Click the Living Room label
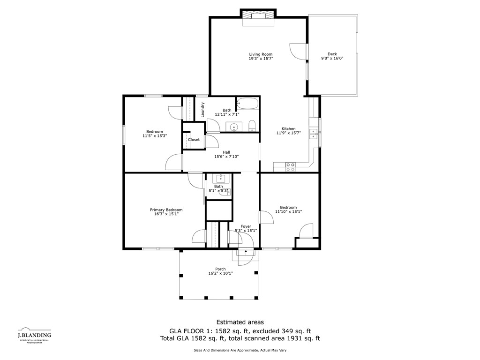[x=261, y=54]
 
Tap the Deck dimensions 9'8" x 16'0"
[x=332, y=58]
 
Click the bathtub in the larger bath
[x=247, y=104]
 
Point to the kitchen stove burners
[x=291, y=167]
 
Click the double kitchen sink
[x=313, y=134]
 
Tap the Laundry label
[x=202, y=110]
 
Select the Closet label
[x=194, y=140]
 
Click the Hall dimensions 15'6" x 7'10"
[x=226, y=157]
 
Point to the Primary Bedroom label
[x=166, y=210]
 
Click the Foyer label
[x=246, y=226]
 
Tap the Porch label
[x=220, y=269]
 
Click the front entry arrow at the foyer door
[x=246, y=252]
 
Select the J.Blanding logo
[x=35, y=335]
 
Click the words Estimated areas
[x=240, y=322]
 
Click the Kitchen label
[x=289, y=129]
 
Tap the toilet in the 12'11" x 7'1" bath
[x=252, y=126]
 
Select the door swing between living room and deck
[x=298, y=51]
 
